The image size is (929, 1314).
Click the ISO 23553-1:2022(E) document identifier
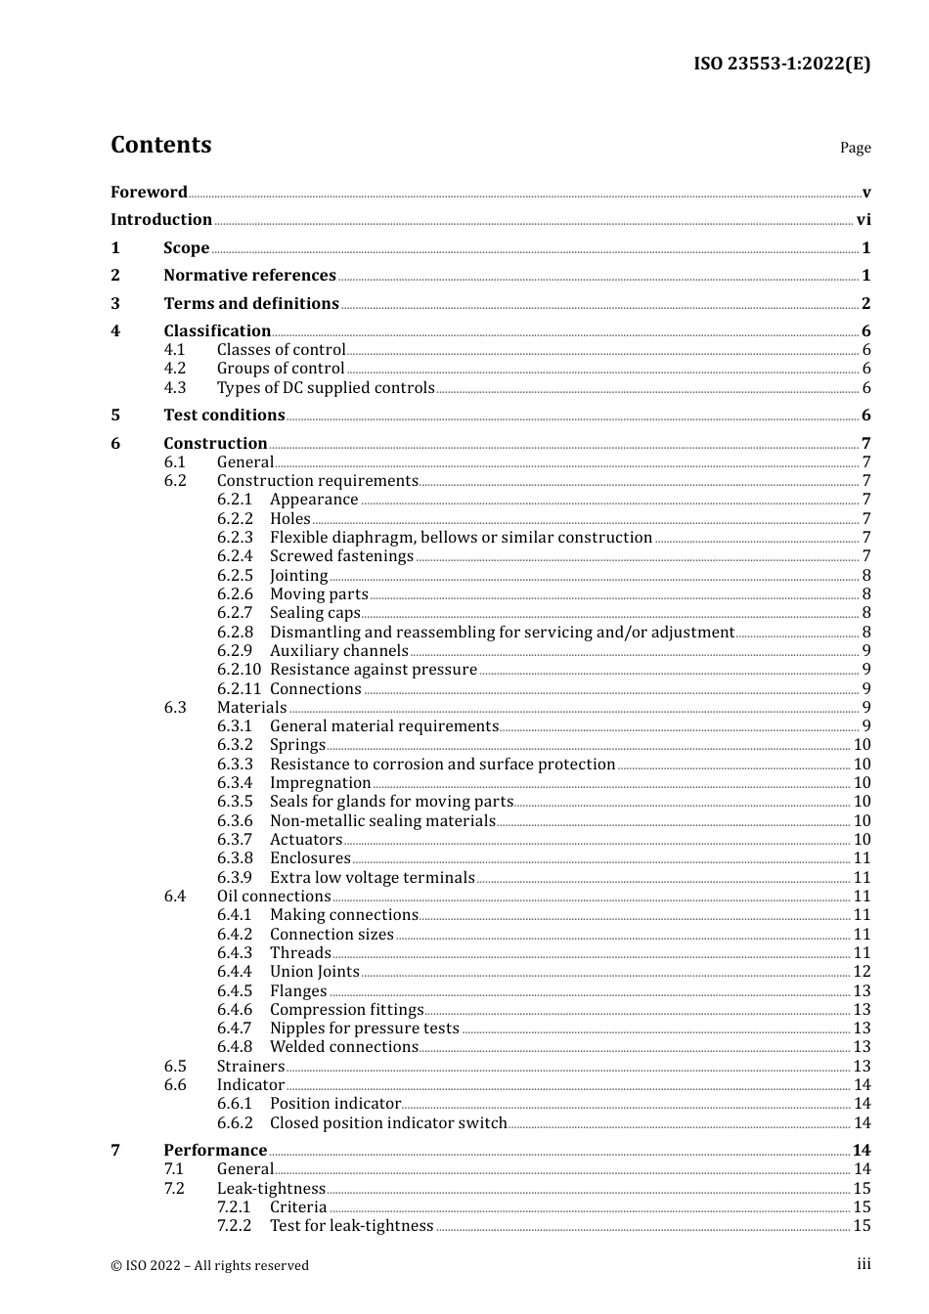(781, 64)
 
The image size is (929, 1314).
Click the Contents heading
(160, 145)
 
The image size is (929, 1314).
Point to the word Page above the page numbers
(855, 148)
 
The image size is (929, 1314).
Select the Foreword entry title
(149, 193)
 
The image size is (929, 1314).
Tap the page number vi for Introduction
(863, 220)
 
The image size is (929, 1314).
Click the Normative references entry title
(249, 276)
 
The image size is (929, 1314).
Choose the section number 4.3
(175, 388)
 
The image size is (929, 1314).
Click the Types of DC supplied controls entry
(326, 388)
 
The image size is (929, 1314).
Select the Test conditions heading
(224, 416)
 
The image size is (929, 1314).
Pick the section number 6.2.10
(239, 670)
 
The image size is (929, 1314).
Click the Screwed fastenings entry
(341, 556)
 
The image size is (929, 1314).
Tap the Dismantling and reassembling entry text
(502, 633)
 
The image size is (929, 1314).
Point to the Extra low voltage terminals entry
(372, 878)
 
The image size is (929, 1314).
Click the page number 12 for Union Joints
(862, 972)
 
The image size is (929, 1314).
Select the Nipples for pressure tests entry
(364, 1029)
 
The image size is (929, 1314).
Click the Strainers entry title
(250, 1067)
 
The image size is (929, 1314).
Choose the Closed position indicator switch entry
(388, 1123)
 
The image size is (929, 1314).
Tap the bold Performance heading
(215, 1151)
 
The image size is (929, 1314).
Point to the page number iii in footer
(863, 1264)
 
